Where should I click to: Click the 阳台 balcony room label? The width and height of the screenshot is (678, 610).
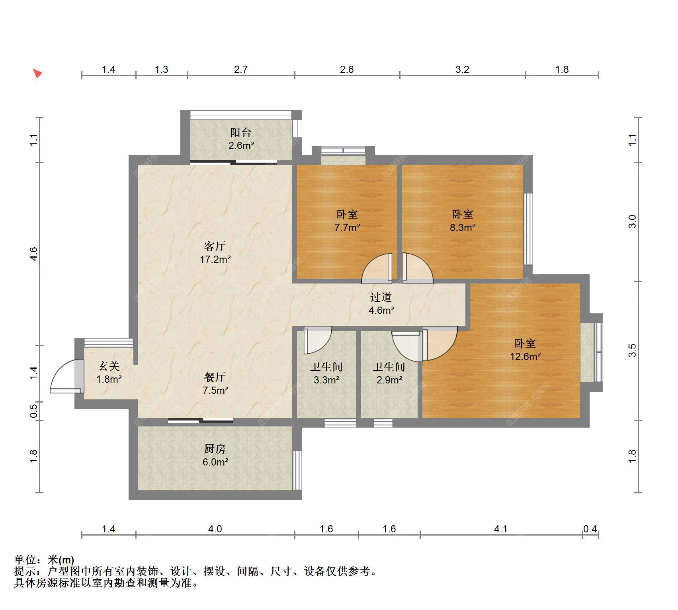tap(241, 133)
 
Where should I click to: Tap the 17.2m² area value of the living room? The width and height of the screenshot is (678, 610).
tap(215, 260)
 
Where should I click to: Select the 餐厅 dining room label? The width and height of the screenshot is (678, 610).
tap(215, 377)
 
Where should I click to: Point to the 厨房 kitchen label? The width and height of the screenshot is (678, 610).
tap(215, 449)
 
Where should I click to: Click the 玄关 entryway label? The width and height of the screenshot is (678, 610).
tap(109, 366)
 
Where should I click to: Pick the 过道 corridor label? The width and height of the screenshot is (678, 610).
tap(381, 297)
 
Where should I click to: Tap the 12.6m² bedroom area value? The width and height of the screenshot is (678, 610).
tap(526, 356)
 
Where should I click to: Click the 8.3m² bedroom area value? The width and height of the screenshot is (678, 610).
tap(463, 227)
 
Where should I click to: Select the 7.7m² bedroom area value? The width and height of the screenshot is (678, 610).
tap(347, 227)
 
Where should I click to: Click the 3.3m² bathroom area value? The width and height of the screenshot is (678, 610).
tap(326, 380)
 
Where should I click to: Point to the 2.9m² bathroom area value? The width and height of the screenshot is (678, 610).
tap(389, 380)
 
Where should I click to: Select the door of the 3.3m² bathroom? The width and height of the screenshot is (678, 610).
tap(318, 340)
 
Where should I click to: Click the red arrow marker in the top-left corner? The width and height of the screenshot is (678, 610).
tap(37, 73)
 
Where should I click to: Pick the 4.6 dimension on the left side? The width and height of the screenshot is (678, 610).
tap(34, 254)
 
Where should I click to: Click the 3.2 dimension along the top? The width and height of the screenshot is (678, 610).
tap(462, 69)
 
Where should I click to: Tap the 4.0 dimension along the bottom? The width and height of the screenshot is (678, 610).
tap(215, 529)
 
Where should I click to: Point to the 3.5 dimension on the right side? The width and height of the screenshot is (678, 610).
tap(632, 350)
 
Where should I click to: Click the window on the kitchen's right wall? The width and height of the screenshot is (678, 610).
tap(297, 470)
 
